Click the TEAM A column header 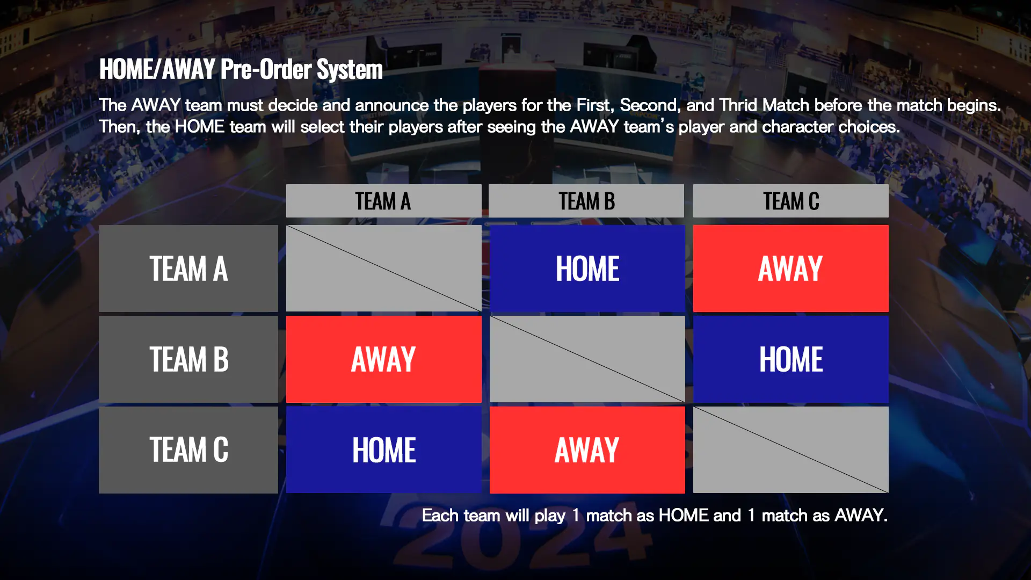coord(383,201)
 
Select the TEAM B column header coord(586,201)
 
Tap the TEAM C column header coord(790,201)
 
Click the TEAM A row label coord(188,269)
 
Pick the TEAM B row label coord(188,359)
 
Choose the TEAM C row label coord(188,450)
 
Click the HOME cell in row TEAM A coord(587,269)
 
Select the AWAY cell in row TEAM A coord(791,269)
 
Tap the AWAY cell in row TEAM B coord(384,359)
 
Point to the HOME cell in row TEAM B coord(791,359)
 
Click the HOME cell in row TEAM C coord(384,450)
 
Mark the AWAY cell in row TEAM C coord(587,450)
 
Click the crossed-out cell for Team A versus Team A coord(384,269)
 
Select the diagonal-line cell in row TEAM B coord(587,359)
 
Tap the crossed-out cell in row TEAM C coord(791,450)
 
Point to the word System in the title coord(350,70)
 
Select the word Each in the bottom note coord(440,515)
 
